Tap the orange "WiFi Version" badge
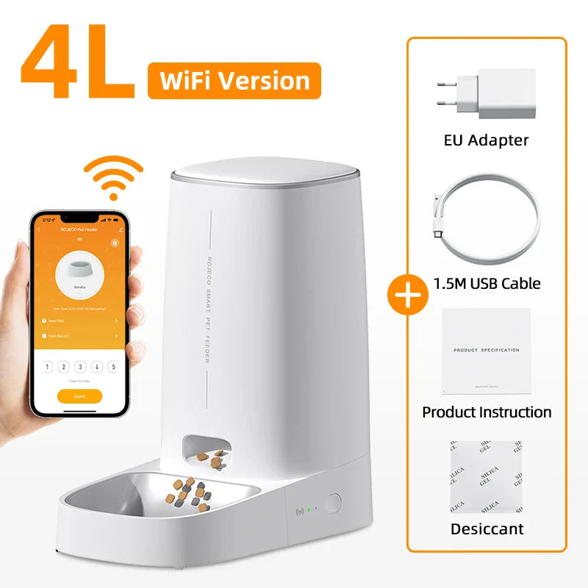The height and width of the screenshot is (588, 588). click(234, 81)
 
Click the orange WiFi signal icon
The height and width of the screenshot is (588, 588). click(112, 177)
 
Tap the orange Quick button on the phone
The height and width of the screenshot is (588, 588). click(79, 396)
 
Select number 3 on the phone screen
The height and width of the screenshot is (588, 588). click(79, 366)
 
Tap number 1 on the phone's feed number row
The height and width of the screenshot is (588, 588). click(48, 366)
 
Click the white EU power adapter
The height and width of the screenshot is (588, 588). click(486, 94)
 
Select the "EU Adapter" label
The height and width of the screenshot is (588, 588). click(487, 140)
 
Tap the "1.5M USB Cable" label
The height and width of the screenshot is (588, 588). click(487, 283)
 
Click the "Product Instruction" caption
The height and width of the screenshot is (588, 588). click(487, 412)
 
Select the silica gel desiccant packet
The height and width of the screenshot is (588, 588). click(486, 477)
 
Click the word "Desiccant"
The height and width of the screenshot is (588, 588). click(487, 528)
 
